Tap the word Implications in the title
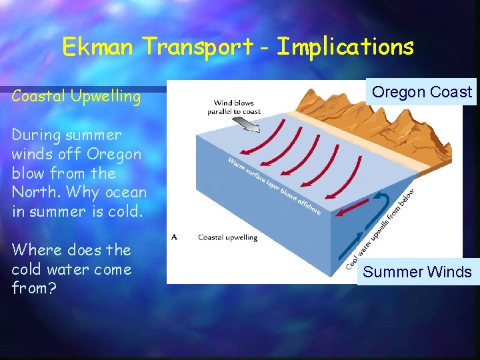(x=345, y=47)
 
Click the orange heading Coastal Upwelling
(x=76, y=97)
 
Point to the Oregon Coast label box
(x=421, y=92)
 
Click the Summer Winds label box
(x=417, y=272)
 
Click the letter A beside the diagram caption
(x=175, y=236)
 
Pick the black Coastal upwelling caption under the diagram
(x=227, y=237)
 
